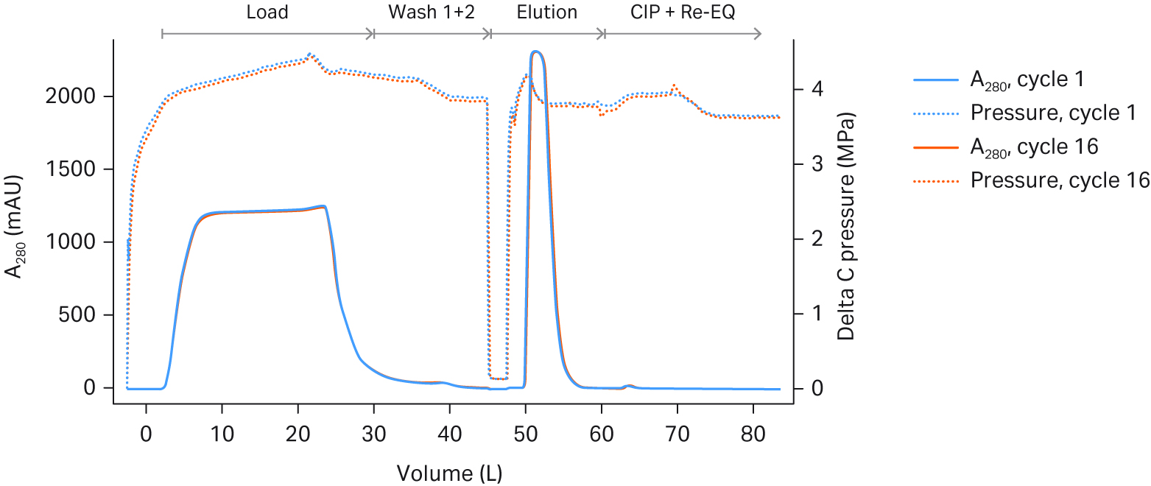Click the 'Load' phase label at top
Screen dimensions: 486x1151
click(267, 13)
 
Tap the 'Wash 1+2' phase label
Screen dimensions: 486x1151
click(432, 13)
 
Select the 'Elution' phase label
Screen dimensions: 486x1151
click(547, 13)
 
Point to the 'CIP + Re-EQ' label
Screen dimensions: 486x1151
click(683, 13)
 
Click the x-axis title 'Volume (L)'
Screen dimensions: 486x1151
click(449, 473)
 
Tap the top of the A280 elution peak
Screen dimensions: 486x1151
click(535, 52)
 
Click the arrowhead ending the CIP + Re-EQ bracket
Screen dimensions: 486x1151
click(758, 34)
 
